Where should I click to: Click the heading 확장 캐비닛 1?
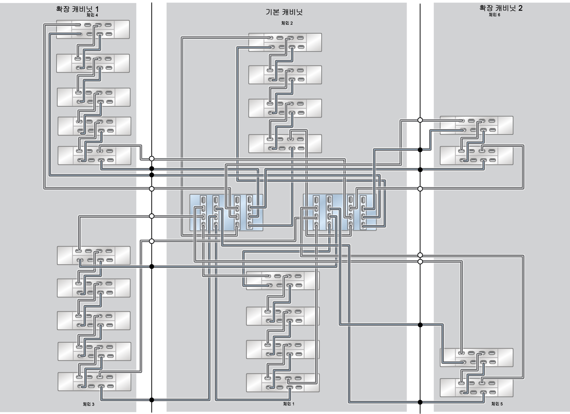click(x=77, y=9)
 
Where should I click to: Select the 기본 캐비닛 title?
click(x=284, y=12)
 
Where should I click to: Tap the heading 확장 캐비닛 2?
click(x=501, y=8)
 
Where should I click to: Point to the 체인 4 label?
click(x=92, y=15)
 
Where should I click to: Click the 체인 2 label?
click(x=287, y=23)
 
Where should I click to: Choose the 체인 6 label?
click(x=495, y=15)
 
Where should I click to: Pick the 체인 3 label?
click(x=89, y=404)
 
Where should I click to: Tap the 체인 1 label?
click(x=288, y=404)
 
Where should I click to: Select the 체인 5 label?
click(x=497, y=404)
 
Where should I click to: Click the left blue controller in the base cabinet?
click(x=226, y=213)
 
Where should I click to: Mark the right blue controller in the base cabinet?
click(x=340, y=212)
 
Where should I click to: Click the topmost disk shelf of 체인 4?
click(x=93, y=30)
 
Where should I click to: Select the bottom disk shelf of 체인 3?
click(x=94, y=381)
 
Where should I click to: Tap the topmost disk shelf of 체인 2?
click(x=285, y=42)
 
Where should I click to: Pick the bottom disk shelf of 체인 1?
click(x=283, y=383)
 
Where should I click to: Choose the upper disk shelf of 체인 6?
click(x=477, y=125)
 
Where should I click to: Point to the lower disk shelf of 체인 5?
click(x=477, y=388)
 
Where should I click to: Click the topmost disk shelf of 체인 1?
click(x=283, y=280)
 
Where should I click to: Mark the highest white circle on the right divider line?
click(x=420, y=120)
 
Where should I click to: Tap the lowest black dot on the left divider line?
click(x=152, y=400)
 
